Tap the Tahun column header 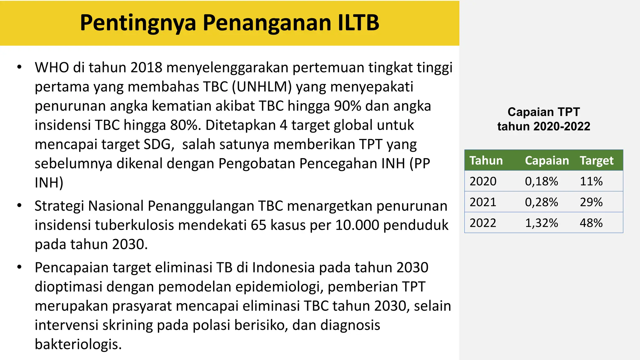486,161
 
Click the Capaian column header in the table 547,161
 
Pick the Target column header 597,161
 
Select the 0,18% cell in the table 541,181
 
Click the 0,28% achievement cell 541,202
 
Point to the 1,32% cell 541,223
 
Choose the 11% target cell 591,181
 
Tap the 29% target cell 591,202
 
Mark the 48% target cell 591,223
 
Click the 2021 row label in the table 483,202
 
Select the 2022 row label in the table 483,223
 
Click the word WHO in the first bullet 52,68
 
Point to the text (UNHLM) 262,87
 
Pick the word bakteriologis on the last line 78,344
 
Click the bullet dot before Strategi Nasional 19,206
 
